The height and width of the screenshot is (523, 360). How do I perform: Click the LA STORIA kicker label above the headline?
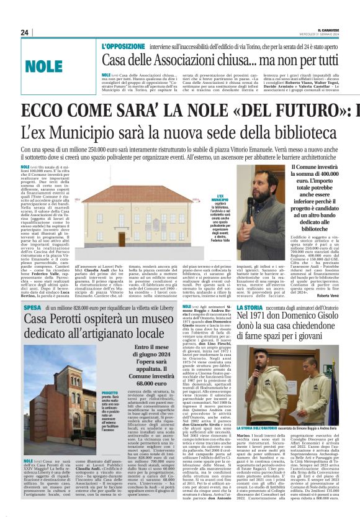(251, 307)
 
